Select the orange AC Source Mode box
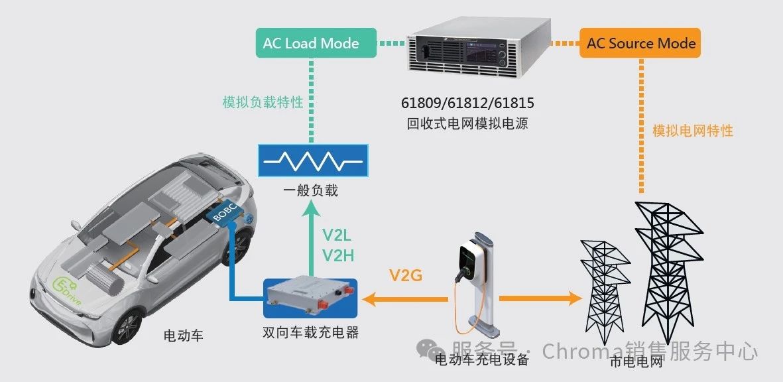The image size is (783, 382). (x=640, y=43)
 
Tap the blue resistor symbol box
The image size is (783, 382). (x=312, y=160)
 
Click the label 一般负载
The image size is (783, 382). (x=313, y=190)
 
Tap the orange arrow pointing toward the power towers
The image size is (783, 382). (x=541, y=298)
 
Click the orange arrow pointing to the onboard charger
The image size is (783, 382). (x=405, y=299)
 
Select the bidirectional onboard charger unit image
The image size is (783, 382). (x=310, y=298)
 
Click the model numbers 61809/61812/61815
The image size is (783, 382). (x=468, y=103)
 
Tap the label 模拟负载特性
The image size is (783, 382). (x=263, y=102)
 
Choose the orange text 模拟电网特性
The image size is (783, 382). (x=693, y=131)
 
